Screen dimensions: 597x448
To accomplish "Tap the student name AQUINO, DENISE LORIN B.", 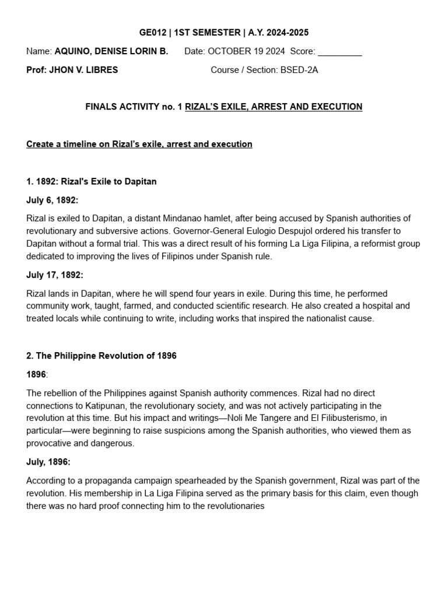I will click(x=111, y=51).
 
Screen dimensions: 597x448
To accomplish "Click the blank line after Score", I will click(x=340, y=51).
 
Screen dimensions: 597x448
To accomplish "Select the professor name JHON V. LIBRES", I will click(x=84, y=70).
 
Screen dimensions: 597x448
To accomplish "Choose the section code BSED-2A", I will click(x=299, y=70).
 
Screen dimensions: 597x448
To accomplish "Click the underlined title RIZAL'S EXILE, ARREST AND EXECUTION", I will click(x=274, y=107).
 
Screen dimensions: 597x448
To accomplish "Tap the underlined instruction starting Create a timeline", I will click(x=139, y=144).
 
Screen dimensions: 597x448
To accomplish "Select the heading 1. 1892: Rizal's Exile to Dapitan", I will click(x=92, y=181).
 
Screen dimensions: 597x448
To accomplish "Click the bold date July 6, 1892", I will click(x=52, y=200).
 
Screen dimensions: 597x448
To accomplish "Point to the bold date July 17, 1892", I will click(x=55, y=275).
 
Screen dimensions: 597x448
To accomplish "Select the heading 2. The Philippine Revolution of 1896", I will click(x=101, y=356).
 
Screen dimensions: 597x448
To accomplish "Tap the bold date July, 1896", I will click(x=48, y=462).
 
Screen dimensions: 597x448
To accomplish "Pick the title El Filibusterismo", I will click(x=334, y=418).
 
